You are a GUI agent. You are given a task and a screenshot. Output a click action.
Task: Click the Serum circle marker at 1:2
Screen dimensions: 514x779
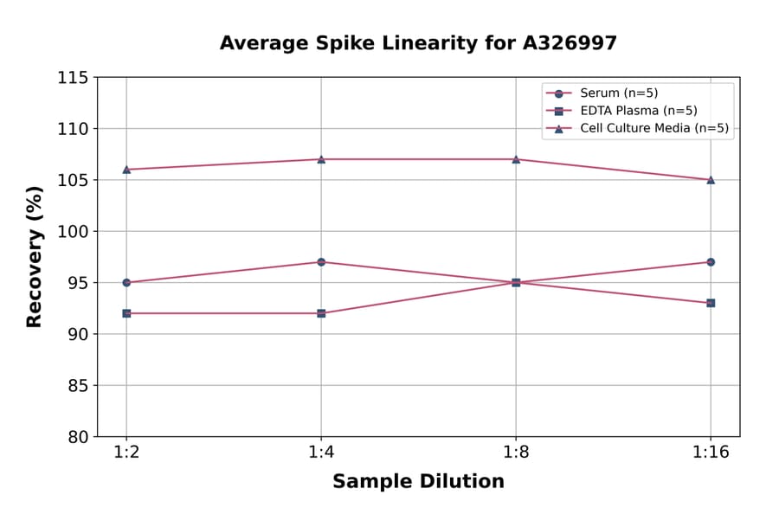coord(126,282)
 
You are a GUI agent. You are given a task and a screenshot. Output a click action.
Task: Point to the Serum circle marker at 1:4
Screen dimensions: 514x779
coord(321,261)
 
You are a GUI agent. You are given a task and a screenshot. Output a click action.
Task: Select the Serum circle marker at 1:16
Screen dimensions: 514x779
coord(711,261)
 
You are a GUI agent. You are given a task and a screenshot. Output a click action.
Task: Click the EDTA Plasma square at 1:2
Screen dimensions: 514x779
coord(126,313)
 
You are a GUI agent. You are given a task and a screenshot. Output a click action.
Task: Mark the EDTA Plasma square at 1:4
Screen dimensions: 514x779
coord(321,313)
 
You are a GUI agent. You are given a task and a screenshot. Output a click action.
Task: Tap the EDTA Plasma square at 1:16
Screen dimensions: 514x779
coord(711,303)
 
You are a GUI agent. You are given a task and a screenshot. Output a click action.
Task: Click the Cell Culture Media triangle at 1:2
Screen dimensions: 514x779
coord(126,170)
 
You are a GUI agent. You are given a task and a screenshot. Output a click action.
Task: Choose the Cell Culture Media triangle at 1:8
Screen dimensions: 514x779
coord(516,159)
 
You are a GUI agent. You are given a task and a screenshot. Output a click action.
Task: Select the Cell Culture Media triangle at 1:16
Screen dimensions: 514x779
coord(711,180)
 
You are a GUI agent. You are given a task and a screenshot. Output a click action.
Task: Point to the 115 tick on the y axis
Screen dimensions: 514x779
coord(73,78)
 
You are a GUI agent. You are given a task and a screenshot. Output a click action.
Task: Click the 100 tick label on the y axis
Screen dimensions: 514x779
coord(73,232)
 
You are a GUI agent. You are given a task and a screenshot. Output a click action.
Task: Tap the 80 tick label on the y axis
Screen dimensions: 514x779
coord(78,437)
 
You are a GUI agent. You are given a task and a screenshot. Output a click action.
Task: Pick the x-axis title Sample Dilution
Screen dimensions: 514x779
coord(418,482)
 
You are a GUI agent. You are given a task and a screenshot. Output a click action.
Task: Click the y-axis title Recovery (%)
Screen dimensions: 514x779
coord(35,256)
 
